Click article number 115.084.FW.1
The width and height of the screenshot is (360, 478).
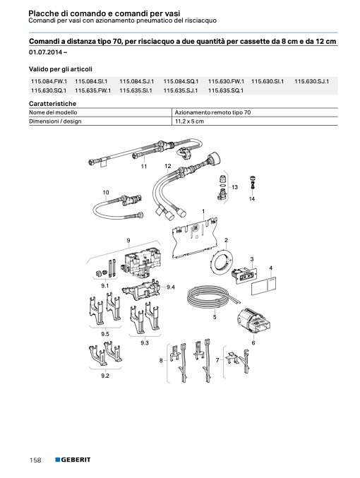49,81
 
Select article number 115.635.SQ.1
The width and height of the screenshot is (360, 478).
226,90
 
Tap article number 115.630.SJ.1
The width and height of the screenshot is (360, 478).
311,81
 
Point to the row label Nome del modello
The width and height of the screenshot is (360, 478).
53,112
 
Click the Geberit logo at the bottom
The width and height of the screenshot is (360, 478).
73,460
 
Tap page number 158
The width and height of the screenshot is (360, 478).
35,460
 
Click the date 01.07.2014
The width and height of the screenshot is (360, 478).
46,52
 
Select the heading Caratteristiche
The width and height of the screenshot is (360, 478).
52,104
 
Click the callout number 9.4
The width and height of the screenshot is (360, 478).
171,287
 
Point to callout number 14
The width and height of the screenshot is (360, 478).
252,199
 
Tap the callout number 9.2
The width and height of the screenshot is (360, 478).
105,376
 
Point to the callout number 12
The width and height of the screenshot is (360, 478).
168,166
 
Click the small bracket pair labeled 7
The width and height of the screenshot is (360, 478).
239,362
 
